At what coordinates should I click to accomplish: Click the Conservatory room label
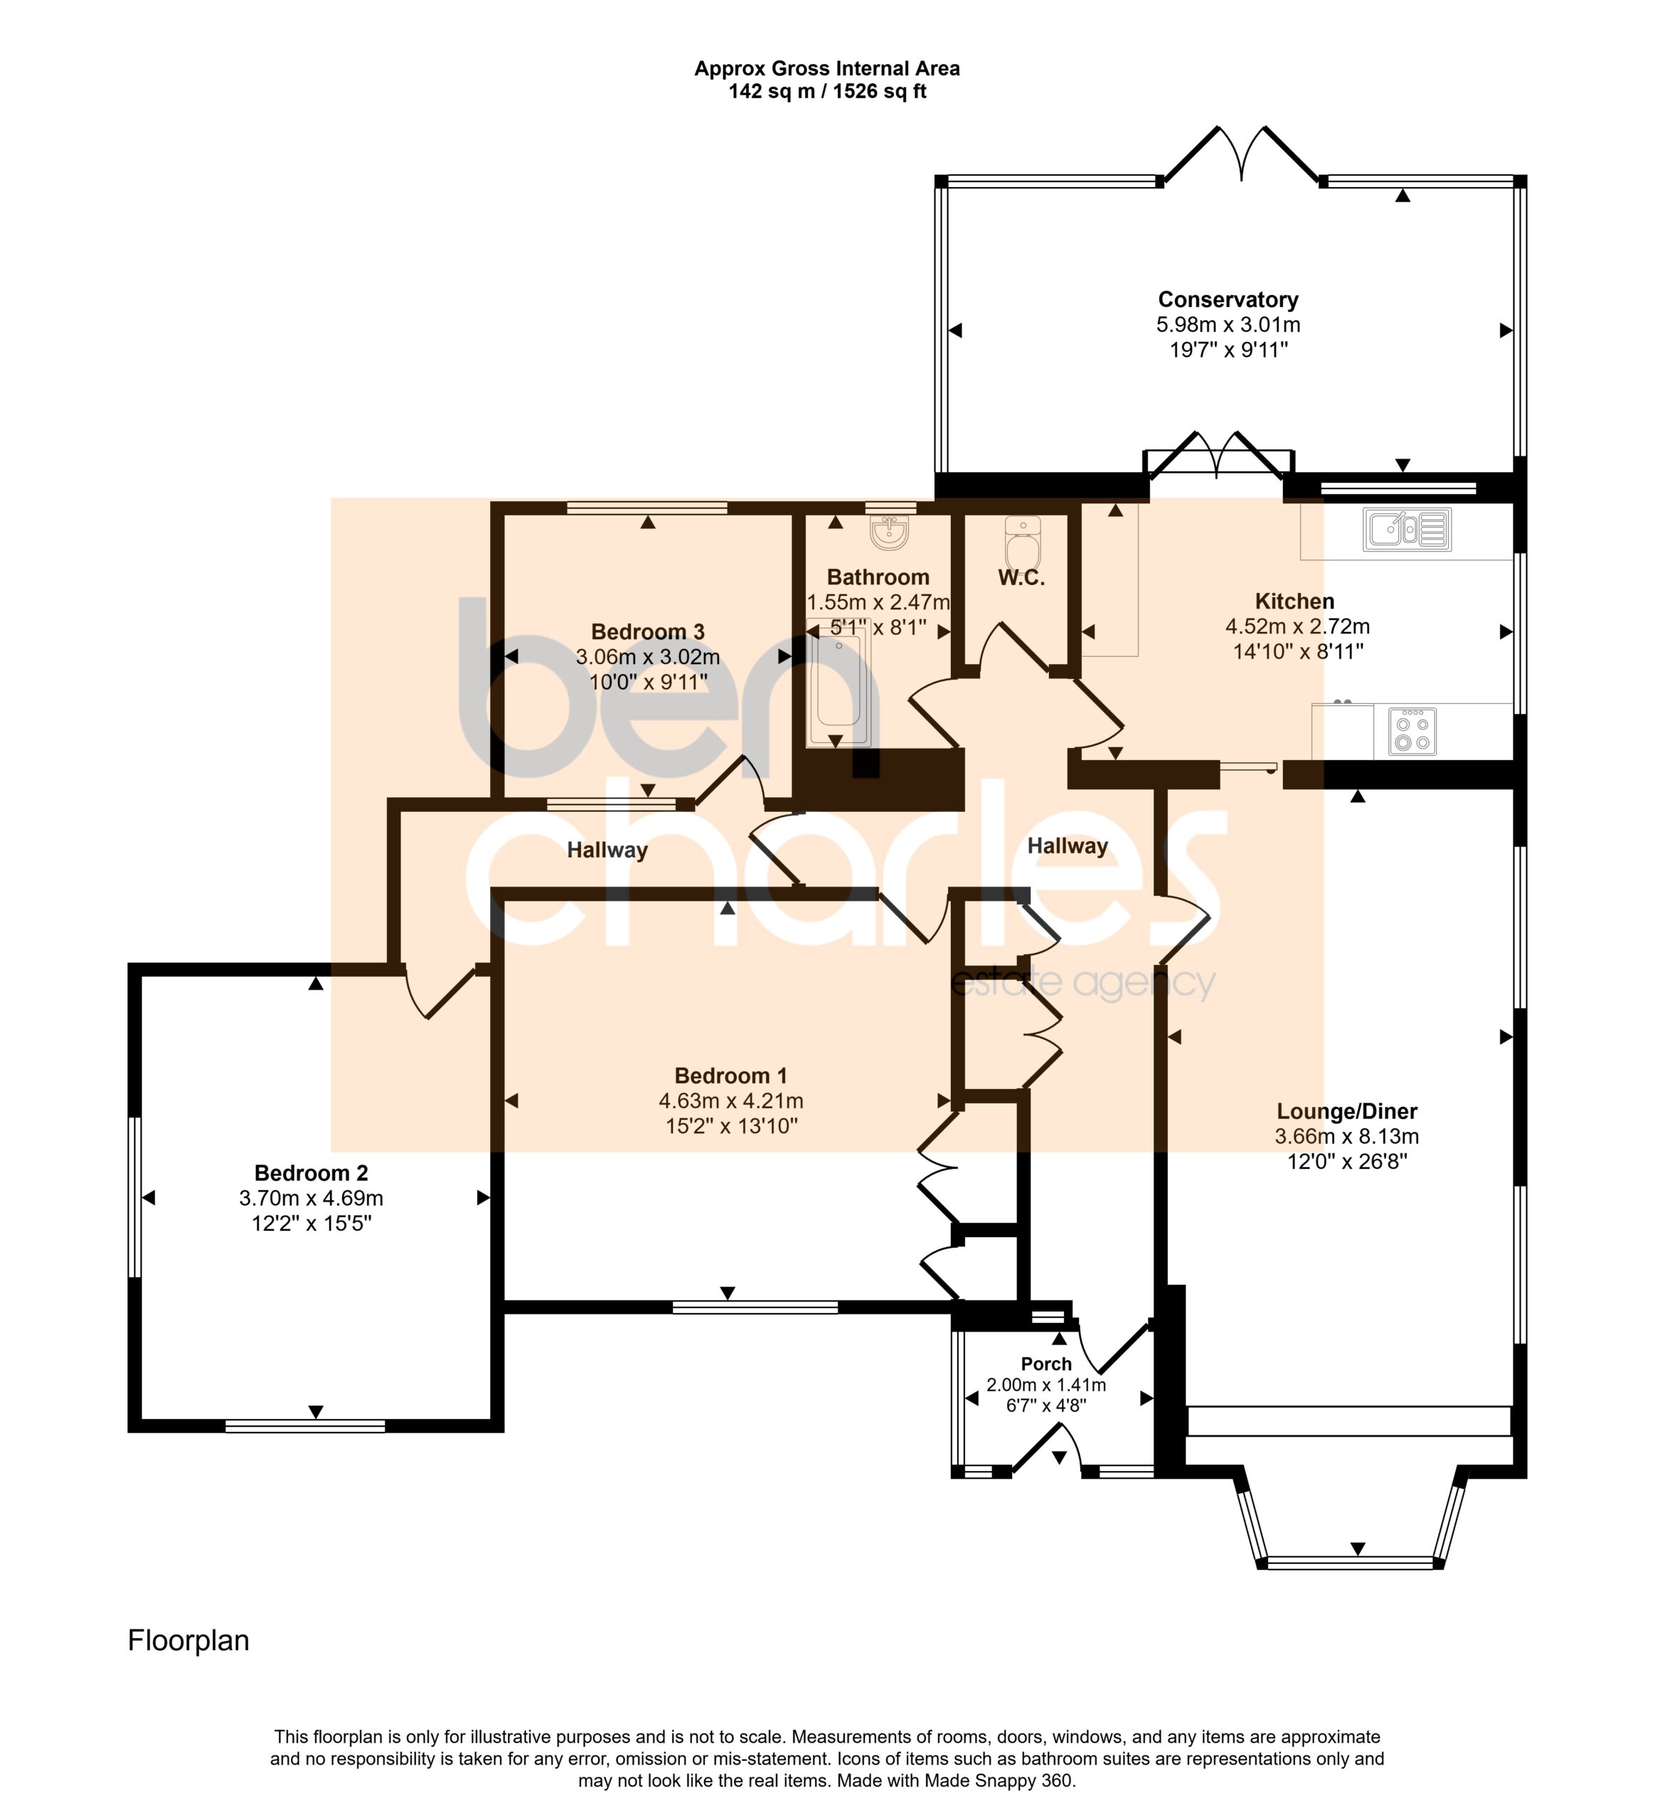pos(1228,300)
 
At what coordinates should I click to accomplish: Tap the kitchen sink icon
pos(1407,529)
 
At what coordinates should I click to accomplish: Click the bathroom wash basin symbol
pos(889,532)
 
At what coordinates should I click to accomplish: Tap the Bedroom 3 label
pos(647,632)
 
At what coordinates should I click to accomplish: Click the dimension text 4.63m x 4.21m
pos(730,1101)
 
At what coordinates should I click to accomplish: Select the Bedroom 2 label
pos(312,1174)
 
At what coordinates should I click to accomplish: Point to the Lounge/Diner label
pos(1347,1111)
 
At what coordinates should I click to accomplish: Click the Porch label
pos(1046,1364)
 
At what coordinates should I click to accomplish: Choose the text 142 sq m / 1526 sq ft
pos(827,91)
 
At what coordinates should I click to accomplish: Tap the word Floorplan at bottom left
pos(188,1640)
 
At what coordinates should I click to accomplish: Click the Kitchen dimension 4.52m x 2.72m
pos(1297,626)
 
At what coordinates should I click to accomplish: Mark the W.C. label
pos(1021,579)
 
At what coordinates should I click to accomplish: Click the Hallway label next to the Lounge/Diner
pos(1068,846)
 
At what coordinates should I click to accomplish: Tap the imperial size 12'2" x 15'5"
pos(312,1224)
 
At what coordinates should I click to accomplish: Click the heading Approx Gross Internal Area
pos(827,69)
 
